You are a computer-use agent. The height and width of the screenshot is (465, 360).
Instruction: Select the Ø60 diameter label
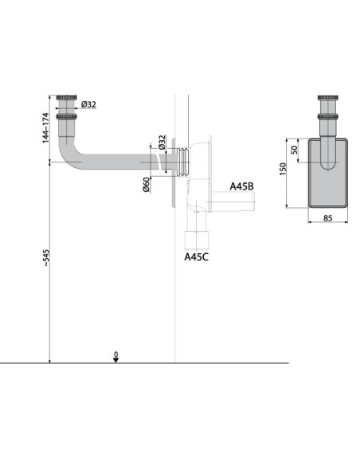147,183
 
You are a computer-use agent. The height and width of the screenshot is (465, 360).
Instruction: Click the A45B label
241,186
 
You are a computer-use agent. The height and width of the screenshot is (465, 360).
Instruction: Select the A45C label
196,257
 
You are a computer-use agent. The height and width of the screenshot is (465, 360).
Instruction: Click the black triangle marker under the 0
115,360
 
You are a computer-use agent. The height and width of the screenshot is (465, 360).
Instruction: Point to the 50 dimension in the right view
295,150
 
